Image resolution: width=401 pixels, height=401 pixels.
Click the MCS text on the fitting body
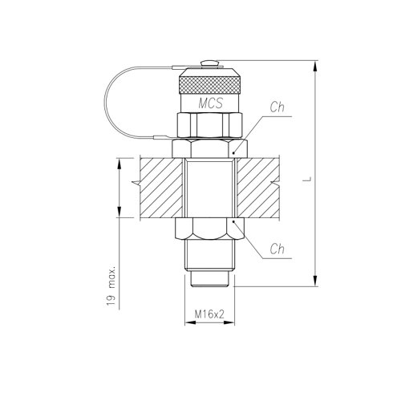pyautogui.click(x=210, y=103)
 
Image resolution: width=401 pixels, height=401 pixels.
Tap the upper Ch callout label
pyautogui.click(x=277, y=107)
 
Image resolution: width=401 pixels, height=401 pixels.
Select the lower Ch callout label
pyautogui.click(x=277, y=249)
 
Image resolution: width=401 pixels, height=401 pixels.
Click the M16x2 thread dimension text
pyautogui.click(x=209, y=314)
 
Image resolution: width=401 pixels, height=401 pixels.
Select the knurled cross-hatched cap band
pyautogui.click(x=210, y=85)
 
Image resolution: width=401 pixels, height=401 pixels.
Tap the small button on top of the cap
pyautogui.click(x=210, y=63)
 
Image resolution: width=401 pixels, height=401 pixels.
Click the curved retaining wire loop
pyautogui.click(x=104, y=103)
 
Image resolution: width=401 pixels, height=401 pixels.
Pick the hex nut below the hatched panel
pyautogui.click(x=210, y=229)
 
